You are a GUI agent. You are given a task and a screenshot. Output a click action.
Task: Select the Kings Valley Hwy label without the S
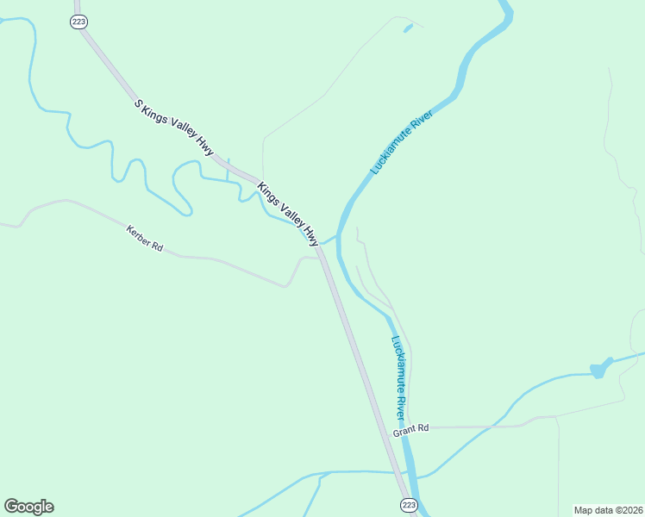[x=288, y=212]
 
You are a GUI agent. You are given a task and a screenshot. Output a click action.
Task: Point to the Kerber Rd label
[x=144, y=238]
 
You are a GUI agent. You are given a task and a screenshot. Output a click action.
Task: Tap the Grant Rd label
[x=410, y=428]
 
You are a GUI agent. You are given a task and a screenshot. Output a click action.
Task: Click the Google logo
[x=28, y=507]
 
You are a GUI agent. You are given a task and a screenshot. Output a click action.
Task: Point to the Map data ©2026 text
[x=607, y=509]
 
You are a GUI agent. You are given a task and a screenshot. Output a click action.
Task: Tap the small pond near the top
[x=407, y=28]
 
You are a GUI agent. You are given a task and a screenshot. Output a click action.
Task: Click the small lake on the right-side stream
[x=597, y=371]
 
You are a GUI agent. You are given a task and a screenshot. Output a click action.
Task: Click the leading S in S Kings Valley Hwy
[x=137, y=103]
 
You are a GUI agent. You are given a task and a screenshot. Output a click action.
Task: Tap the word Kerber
[x=138, y=234]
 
